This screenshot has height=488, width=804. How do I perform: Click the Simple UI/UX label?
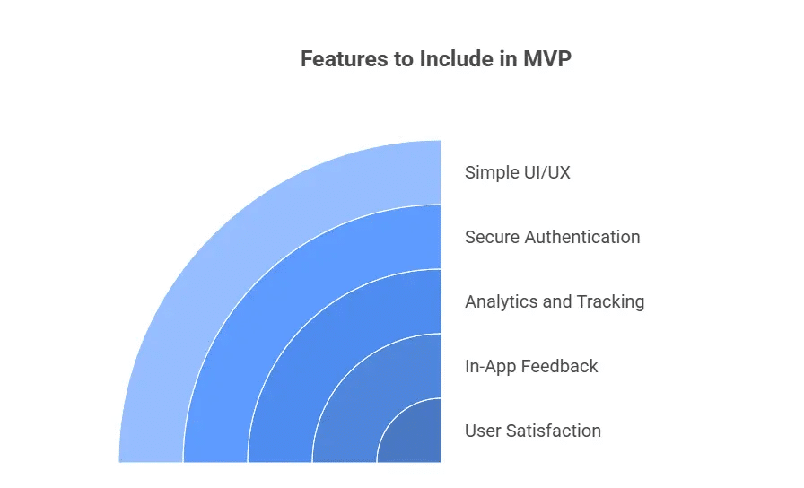(x=517, y=172)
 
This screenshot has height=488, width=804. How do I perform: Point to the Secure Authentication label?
(x=552, y=238)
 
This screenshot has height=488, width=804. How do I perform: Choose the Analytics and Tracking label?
(x=555, y=302)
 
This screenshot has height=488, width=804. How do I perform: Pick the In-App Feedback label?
(x=531, y=366)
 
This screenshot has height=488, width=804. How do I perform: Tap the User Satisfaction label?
(x=532, y=431)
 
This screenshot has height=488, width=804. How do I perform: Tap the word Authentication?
(x=582, y=238)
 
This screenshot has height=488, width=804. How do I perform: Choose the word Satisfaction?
(x=553, y=431)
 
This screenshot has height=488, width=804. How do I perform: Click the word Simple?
(x=492, y=172)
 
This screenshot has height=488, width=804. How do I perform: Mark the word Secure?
(x=492, y=238)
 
